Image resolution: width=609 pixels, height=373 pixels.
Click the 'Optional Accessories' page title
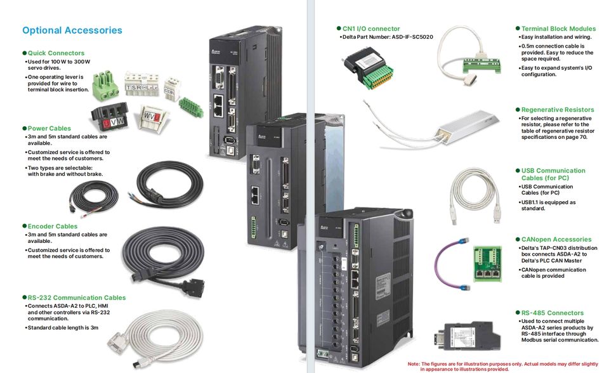pos(72,30)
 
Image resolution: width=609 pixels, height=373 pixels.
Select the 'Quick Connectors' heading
pos(56,53)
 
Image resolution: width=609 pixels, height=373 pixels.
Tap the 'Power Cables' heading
pos(49,128)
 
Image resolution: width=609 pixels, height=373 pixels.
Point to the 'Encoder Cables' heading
pos(52,226)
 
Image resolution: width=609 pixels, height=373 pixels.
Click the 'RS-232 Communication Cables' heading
pos(76,298)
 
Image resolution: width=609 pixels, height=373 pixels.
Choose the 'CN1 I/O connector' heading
pos(370,29)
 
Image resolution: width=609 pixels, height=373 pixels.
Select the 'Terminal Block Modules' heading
pos(558,29)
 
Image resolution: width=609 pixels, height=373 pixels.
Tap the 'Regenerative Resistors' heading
pos(557,110)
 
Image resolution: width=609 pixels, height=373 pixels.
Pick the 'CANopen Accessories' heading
pos(556,239)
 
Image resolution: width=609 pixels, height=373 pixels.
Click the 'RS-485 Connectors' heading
pos(552,313)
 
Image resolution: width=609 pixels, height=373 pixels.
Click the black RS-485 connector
pos(466,335)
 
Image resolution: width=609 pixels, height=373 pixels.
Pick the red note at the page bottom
pos(502,366)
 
